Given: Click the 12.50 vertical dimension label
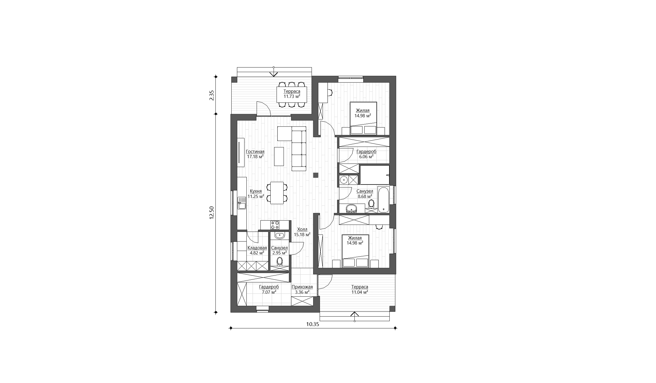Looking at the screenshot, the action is click(x=211, y=213).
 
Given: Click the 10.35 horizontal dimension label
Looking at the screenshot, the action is click(x=313, y=324).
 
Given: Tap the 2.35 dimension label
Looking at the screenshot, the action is click(x=212, y=95).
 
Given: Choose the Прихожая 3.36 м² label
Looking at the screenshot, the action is click(x=302, y=289).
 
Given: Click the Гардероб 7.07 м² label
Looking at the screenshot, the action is click(x=269, y=289).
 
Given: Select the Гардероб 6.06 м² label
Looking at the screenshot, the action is click(x=366, y=154).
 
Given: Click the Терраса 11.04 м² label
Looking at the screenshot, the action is click(x=360, y=289).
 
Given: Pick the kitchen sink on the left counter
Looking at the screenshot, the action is click(x=53, y=203).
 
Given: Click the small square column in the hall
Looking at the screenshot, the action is click(x=316, y=175).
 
